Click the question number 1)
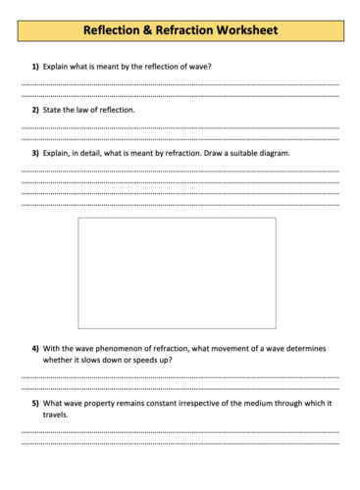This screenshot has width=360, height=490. tap(34, 67)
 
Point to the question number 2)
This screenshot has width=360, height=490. tap(34, 110)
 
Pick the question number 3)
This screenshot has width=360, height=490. tap(34, 153)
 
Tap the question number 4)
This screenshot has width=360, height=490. tap(34, 348)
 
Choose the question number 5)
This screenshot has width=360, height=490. tap(34, 403)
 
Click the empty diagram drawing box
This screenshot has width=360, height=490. tap(177, 272)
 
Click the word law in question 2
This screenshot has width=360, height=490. tap(84, 110)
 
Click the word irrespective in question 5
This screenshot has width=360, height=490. tap(213, 403)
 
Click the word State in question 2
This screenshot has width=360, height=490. tap(53, 110)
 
